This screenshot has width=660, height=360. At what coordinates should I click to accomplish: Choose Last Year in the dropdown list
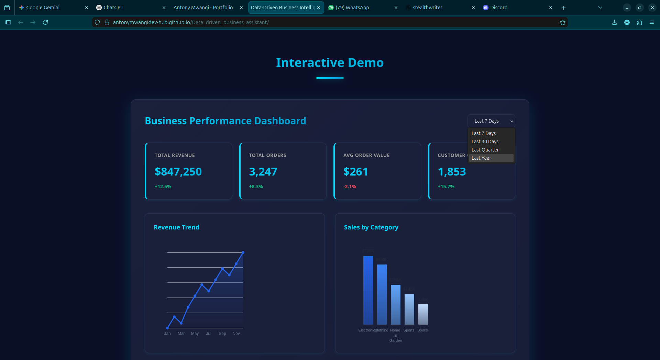tap(481, 158)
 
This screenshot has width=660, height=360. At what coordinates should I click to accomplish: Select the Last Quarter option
tap(485, 150)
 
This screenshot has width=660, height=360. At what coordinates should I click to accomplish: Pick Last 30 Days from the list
tap(485, 142)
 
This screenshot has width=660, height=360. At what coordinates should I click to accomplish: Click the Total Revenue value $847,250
tap(178, 172)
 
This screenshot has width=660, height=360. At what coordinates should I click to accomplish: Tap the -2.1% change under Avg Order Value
tap(350, 187)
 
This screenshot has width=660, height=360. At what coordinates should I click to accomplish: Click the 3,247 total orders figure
tap(263, 172)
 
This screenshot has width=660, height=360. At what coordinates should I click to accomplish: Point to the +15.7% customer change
tap(446, 187)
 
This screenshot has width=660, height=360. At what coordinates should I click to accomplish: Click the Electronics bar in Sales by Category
tap(368, 290)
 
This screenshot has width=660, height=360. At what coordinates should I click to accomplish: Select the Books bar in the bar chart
tap(423, 314)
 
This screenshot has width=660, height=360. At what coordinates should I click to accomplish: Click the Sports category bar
tap(409, 309)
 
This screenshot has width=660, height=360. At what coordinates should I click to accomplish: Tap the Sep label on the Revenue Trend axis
tap(222, 334)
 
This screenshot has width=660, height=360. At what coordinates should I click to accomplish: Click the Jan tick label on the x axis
tap(167, 334)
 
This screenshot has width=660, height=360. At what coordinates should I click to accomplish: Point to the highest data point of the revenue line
tap(243, 252)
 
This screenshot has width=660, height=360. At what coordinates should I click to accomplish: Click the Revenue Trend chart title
tap(176, 227)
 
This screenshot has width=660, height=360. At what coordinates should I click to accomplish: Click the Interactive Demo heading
tap(330, 63)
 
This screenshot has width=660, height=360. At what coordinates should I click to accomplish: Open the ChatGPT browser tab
tap(127, 8)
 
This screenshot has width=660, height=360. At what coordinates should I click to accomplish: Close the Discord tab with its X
tap(551, 8)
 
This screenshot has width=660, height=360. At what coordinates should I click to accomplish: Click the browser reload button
tap(45, 22)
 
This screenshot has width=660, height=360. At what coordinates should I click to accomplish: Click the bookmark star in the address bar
tap(562, 22)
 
